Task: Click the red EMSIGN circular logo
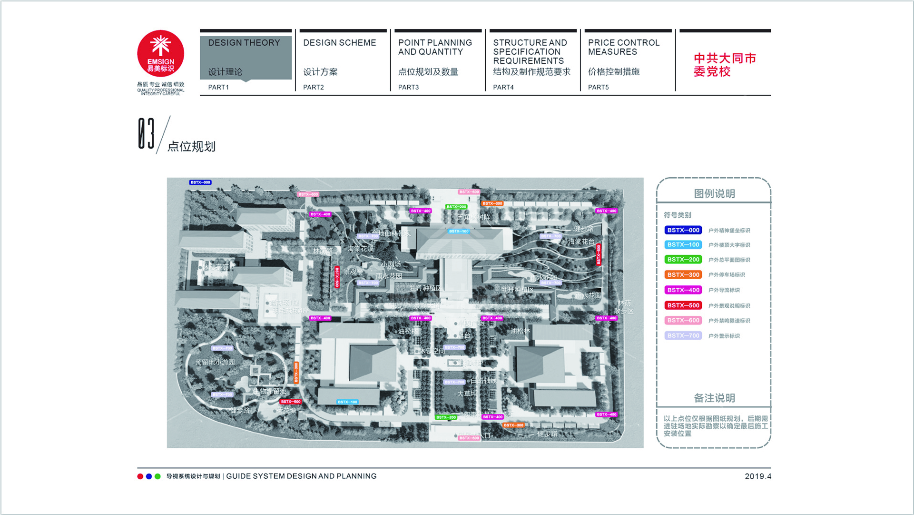(160, 53)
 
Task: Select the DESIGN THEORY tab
(244, 43)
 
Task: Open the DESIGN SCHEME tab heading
(339, 43)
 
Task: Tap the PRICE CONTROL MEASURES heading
(623, 47)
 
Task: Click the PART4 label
(503, 87)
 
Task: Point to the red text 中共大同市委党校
(724, 65)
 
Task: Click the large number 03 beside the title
(146, 134)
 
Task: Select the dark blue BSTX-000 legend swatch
(683, 230)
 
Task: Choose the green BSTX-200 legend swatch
(683, 260)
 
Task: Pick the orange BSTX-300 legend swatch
(683, 275)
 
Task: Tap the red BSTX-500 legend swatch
(683, 305)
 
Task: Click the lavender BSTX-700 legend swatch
(683, 336)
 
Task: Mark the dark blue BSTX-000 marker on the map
(200, 182)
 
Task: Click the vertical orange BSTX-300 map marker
(296, 373)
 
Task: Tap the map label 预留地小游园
(215, 362)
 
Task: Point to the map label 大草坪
(467, 394)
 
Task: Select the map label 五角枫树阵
(473, 217)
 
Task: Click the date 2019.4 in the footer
(757, 476)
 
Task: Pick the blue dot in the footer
(149, 476)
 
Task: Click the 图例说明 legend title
(714, 194)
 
